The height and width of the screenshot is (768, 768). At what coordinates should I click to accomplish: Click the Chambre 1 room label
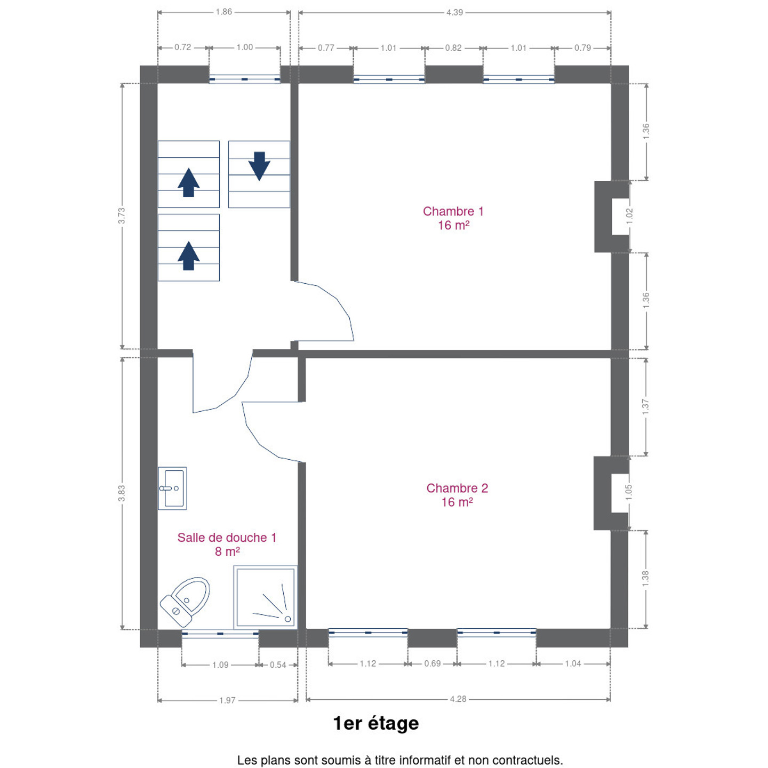[x=453, y=218]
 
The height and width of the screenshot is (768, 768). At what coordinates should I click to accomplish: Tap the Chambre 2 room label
[x=457, y=495]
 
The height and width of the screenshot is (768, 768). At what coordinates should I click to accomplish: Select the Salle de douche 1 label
[x=227, y=545]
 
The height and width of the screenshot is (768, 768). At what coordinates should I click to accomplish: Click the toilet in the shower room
[x=185, y=602]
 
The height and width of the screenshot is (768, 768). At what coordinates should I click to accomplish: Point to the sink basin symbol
[x=172, y=488]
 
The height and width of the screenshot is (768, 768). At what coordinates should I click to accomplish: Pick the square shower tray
[x=265, y=597]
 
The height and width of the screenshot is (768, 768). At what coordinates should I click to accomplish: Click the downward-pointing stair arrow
[x=259, y=166]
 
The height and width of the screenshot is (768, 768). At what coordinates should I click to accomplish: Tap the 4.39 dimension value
[x=454, y=12]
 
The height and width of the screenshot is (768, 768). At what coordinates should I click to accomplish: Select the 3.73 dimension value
[x=122, y=215]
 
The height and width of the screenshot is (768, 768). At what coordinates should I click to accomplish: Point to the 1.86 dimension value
[x=223, y=12]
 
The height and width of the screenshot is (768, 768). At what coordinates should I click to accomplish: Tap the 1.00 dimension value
[x=245, y=47]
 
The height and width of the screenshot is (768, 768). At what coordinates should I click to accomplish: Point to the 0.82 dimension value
[x=453, y=48]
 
